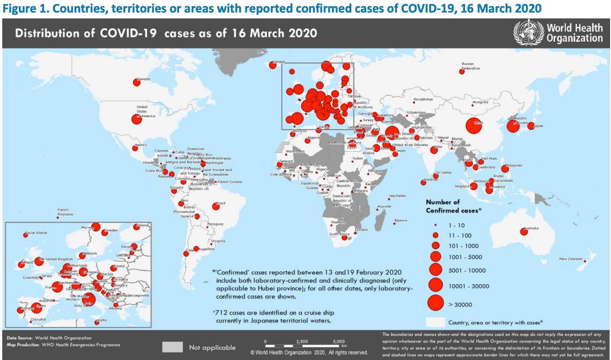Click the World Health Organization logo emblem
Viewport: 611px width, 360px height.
[528, 33]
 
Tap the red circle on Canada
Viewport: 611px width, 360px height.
[136, 82]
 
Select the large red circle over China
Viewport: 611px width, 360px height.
[474, 126]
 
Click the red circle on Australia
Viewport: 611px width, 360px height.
[524, 232]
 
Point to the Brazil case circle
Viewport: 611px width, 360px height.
[215, 206]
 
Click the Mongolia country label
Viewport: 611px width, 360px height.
[480, 102]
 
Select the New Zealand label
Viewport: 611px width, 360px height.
[570, 259]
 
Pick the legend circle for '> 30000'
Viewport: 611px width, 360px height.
[435, 303]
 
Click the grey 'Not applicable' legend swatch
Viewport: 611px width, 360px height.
[172, 347]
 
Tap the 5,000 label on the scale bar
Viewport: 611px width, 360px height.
[339, 341]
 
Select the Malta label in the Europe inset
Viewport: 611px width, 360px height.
[102, 320]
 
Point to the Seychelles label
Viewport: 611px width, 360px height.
[397, 196]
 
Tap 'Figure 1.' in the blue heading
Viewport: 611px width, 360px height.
[22, 8]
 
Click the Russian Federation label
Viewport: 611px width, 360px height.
[468, 66]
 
